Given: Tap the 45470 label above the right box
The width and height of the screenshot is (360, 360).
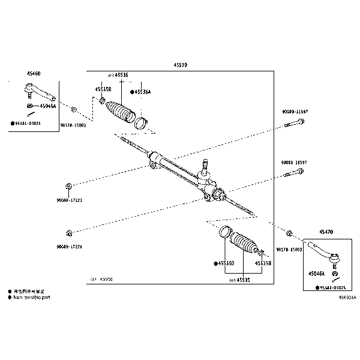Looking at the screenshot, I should [x=326, y=231].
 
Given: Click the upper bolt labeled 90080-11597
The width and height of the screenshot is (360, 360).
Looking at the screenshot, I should [x=294, y=124].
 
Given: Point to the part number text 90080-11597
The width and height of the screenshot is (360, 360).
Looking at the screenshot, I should [x=295, y=112].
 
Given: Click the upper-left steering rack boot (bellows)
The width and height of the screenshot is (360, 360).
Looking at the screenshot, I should [x=119, y=112].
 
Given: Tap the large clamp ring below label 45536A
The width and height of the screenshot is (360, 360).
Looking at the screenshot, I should [x=140, y=122].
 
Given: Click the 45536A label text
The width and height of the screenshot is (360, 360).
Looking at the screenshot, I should [x=142, y=92].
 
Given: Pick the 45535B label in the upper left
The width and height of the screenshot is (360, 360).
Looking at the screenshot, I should [x=103, y=89].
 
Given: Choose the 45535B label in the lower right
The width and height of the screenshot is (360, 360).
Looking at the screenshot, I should [x=263, y=263].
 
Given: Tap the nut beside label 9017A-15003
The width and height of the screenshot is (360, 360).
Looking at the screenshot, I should [x=73, y=110].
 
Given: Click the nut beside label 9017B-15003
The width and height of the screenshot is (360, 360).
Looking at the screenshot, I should [x=289, y=233].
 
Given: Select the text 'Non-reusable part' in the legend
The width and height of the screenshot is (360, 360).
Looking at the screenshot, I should [x=32, y=296].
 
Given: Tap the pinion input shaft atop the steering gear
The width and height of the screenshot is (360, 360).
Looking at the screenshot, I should [x=205, y=163].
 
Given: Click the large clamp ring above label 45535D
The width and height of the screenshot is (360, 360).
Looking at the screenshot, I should [x=224, y=232].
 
